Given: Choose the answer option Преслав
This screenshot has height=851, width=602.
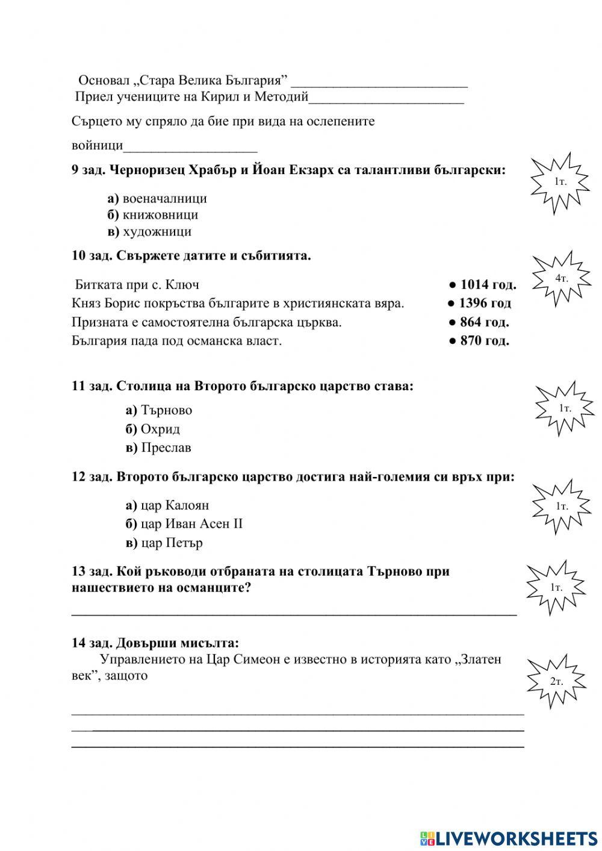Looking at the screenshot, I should pos(158,448).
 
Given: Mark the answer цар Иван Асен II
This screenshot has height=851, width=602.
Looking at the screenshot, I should pos(184,524).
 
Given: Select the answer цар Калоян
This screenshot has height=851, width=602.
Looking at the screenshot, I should pos(167,505).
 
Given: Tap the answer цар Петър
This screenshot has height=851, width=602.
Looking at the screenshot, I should pos(164,543).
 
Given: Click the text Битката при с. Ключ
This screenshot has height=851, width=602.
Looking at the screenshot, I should pos(137,284).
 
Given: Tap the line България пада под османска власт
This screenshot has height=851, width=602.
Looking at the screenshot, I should pos(176,341).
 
